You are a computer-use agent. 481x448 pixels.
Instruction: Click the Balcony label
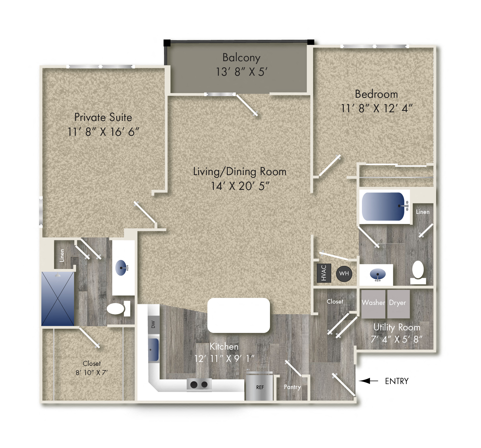click(x=241, y=58)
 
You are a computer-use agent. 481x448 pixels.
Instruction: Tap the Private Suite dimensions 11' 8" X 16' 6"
click(x=103, y=132)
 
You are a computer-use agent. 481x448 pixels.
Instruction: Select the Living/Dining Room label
click(x=240, y=171)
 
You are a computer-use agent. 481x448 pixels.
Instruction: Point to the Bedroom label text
click(x=376, y=94)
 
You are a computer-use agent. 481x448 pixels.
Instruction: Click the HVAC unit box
click(x=324, y=273)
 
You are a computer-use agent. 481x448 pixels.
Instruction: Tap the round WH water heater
click(x=344, y=274)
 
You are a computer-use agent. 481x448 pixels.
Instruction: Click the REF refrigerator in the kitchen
click(x=260, y=387)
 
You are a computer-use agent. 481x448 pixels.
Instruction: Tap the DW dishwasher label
click(x=153, y=324)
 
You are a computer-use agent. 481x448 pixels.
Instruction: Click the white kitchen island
click(x=238, y=315)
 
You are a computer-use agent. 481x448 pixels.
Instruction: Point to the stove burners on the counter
click(x=199, y=385)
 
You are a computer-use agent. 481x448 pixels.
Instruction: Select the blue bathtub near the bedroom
click(x=383, y=207)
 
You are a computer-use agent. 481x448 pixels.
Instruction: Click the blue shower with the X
click(x=58, y=299)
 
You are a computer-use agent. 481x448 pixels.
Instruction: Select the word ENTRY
click(x=397, y=381)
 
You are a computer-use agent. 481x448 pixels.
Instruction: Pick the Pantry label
click(x=292, y=387)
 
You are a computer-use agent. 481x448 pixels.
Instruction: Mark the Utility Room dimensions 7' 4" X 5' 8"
click(x=396, y=339)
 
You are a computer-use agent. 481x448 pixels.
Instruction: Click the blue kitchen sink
click(x=153, y=350)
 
